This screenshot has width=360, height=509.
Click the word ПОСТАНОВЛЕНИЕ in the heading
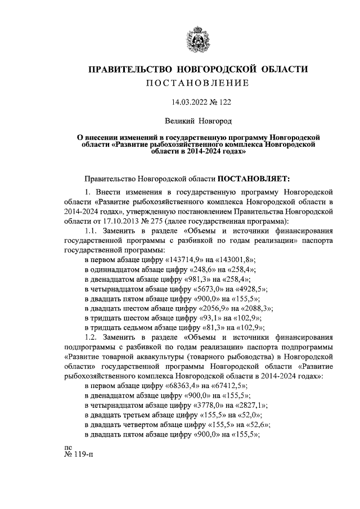[x=197, y=83]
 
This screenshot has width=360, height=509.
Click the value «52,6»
[x=259, y=425]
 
